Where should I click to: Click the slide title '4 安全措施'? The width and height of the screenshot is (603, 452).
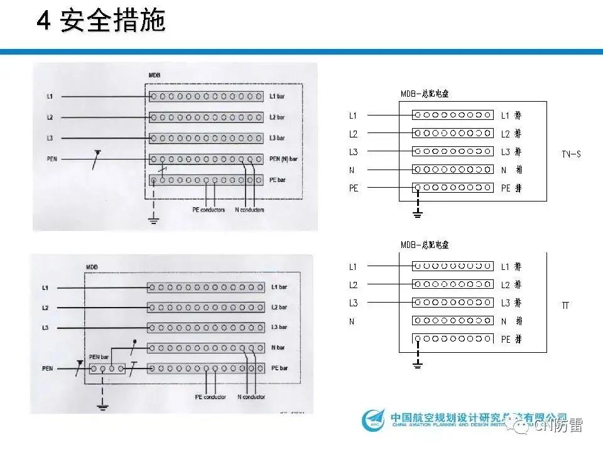[100, 21]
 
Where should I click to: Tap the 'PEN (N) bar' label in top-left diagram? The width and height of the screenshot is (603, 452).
[283, 159]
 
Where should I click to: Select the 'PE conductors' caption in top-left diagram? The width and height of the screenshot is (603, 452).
[208, 210]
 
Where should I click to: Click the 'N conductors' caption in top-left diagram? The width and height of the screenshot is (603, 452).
[249, 210]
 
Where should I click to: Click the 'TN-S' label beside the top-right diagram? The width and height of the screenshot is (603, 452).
[571, 154]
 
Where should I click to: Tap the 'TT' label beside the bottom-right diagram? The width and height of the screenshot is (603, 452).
[565, 306]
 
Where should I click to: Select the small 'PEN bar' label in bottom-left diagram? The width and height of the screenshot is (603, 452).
[99, 357]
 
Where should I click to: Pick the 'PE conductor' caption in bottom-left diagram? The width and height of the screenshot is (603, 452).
[210, 397]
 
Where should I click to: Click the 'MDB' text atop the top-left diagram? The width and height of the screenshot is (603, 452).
[155, 75]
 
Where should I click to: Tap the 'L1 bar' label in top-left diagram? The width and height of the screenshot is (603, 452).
[276, 97]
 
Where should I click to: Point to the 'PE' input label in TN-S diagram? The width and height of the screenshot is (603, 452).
[354, 188]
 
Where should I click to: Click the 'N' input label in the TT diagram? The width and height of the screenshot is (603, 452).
[352, 321]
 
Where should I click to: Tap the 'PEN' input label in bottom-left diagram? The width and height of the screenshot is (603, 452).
[48, 368]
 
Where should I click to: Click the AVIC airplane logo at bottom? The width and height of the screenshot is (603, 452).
[374, 420]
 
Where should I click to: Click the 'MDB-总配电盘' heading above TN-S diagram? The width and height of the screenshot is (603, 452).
[425, 94]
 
